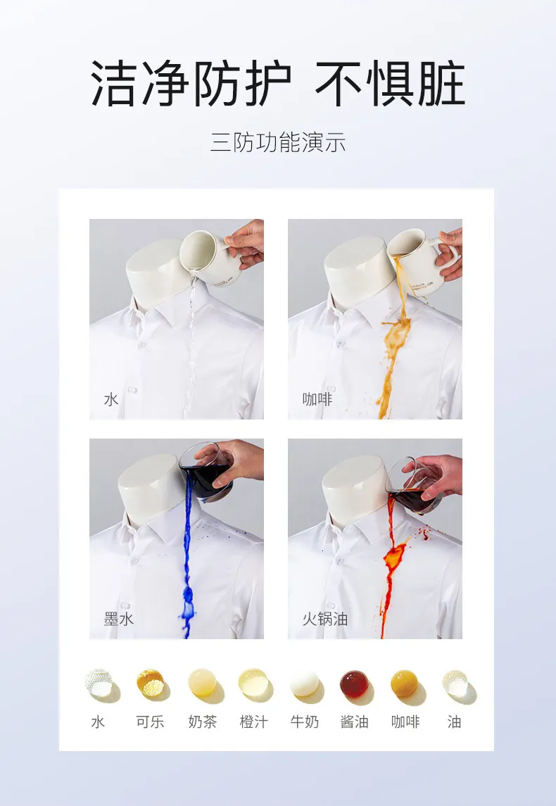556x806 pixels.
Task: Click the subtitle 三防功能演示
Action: pos(278,142)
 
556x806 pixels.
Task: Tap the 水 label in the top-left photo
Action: pos(111,399)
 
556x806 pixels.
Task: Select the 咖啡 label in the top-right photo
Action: pos(317,399)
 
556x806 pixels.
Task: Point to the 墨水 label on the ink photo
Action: pos(119,619)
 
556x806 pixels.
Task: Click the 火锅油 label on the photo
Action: pos(324,619)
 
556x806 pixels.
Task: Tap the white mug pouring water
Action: pos(206,257)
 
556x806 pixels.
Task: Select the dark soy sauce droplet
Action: pos(354,684)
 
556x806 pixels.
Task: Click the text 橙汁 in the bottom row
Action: pos(254,722)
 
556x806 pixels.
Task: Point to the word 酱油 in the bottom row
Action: pos(354,722)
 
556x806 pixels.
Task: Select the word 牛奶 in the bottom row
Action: pos(304,722)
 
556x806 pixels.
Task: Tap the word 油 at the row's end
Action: pos(454,722)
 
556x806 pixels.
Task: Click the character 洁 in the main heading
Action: pos(115,83)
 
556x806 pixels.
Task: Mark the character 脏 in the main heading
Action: pos(441,83)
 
